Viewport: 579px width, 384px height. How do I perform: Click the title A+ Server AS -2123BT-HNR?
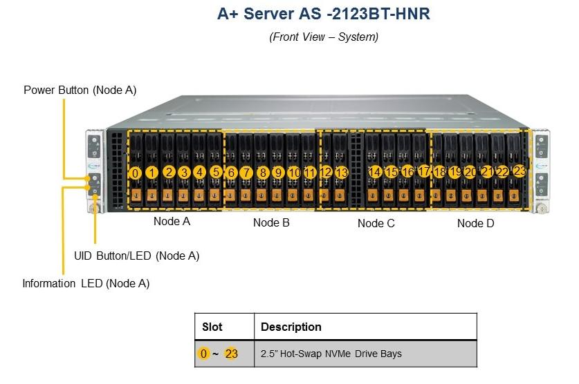click(x=324, y=14)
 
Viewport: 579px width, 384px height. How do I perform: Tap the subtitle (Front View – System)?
click(x=324, y=37)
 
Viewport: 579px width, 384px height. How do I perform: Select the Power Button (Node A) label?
click(x=80, y=90)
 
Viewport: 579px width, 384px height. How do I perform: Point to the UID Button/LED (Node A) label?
click(x=137, y=256)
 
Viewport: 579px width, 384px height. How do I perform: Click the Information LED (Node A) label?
click(x=86, y=283)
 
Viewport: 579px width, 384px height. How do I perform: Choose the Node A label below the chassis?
click(x=172, y=221)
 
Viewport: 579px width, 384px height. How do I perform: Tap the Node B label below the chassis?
click(x=271, y=222)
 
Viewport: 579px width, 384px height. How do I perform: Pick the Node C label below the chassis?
click(x=376, y=223)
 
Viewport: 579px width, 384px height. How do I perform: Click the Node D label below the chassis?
click(x=476, y=223)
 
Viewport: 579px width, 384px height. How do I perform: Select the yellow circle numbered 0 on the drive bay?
click(x=136, y=173)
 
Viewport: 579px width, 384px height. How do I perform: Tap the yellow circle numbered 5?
click(x=216, y=172)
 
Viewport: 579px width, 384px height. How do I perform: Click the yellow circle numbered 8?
click(x=263, y=173)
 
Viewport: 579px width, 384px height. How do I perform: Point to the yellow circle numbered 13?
click(x=342, y=172)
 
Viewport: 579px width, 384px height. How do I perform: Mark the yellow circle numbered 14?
click(x=375, y=172)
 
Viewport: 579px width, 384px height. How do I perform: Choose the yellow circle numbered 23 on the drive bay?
click(x=520, y=171)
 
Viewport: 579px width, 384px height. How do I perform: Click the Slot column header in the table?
click(x=212, y=327)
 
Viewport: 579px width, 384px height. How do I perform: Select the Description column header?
click(x=291, y=327)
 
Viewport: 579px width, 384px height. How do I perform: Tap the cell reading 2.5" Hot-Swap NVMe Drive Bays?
click(x=331, y=354)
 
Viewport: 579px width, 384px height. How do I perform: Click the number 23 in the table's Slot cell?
click(x=232, y=354)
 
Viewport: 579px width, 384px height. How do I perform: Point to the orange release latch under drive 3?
click(x=183, y=195)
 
